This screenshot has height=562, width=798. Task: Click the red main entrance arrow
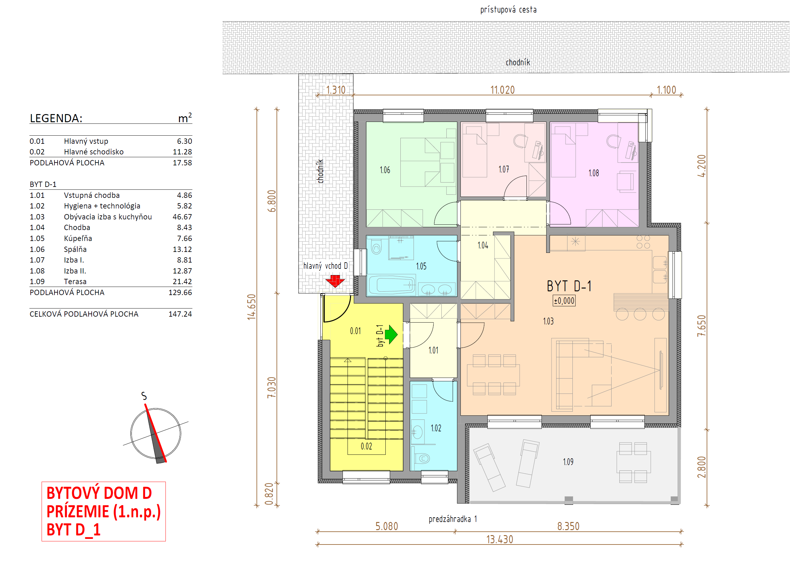click(x=335, y=281)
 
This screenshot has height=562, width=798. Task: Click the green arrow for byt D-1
click(x=391, y=334)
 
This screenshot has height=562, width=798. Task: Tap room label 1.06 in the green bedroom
click(x=385, y=170)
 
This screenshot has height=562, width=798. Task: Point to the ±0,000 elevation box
click(x=564, y=301)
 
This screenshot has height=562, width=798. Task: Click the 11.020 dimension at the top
click(x=502, y=90)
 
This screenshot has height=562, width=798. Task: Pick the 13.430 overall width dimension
click(x=500, y=539)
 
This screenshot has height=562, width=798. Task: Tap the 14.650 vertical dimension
click(x=251, y=307)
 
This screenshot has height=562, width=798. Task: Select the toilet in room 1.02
click(x=422, y=459)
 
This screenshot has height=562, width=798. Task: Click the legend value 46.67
click(x=182, y=217)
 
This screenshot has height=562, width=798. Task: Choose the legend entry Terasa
click(x=75, y=281)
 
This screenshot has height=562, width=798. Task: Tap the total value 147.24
click(x=180, y=314)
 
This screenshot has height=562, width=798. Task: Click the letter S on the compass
click(x=144, y=396)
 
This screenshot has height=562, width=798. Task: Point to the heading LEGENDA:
click(x=56, y=118)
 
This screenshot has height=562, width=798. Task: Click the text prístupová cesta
click(x=508, y=9)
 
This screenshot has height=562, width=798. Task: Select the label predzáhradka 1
click(x=453, y=519)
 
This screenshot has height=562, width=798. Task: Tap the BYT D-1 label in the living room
click(x=569, y=286)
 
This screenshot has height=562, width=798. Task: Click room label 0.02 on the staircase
click(x=366, y=446)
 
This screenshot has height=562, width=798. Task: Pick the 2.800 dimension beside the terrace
click(x=701, y=467)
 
